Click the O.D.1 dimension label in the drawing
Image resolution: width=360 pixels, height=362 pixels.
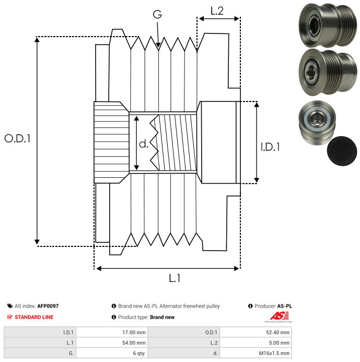coord(18,139)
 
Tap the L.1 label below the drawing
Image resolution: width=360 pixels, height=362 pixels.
coord(175,278)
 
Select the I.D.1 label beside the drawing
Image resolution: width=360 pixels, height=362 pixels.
coord(271,148)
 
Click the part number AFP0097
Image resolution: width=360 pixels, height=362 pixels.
coord(48,306)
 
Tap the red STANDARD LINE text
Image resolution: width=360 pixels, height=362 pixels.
coord(34,317)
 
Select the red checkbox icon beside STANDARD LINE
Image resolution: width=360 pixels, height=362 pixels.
coord(9,317)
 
